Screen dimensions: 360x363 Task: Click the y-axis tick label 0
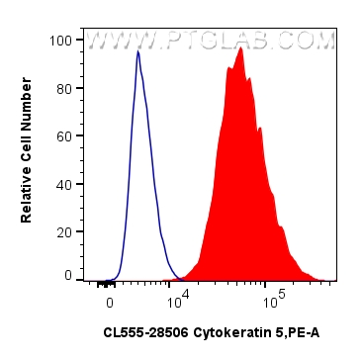(66, 276)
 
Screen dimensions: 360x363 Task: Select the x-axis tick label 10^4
(179, 297)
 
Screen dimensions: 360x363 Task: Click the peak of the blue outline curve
(137, 52)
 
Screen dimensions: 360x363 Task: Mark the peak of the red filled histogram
(240, 48)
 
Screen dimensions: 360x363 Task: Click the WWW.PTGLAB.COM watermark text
(211, 42)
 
